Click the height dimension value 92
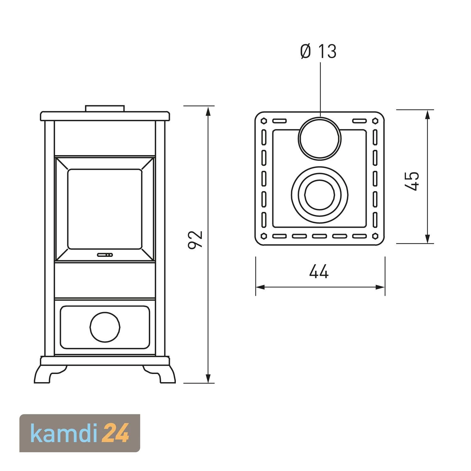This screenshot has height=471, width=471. pyautogui.click(x=195, y=240)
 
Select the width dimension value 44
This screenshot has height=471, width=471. pyautogui.click(x=319, y=272)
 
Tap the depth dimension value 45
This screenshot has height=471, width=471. pyautogui.click(x=412, y=181)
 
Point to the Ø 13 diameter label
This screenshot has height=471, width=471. pyautogui.click(x=318, y=51)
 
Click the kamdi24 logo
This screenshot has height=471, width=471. pyautogui.click(x=80, y=433)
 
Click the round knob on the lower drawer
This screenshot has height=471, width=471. pyautogui.click(x=105, y=327)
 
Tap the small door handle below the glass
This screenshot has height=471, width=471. pyautogui.click(x=105, y=255)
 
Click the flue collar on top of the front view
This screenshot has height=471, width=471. pyautogui.click(x=105, y=108)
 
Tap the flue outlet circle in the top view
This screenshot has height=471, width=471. pyautogui.click(x=320, y=138)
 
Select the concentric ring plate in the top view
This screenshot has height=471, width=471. pyautogui.click(x=320, y=194)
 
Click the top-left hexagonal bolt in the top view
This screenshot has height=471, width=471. pyautogui.click(x=264, y=121)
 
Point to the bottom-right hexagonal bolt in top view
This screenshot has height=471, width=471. pyautogui.click(x=375, y=235)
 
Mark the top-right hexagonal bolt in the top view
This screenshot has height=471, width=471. pyautogui.click(x=375, y=121)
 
